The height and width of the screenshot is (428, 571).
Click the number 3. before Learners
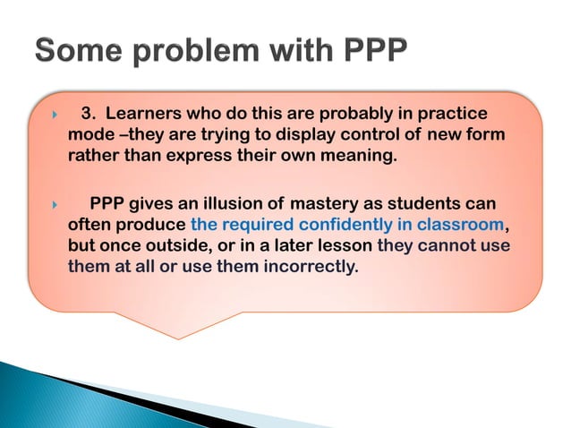tap(89, 114)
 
